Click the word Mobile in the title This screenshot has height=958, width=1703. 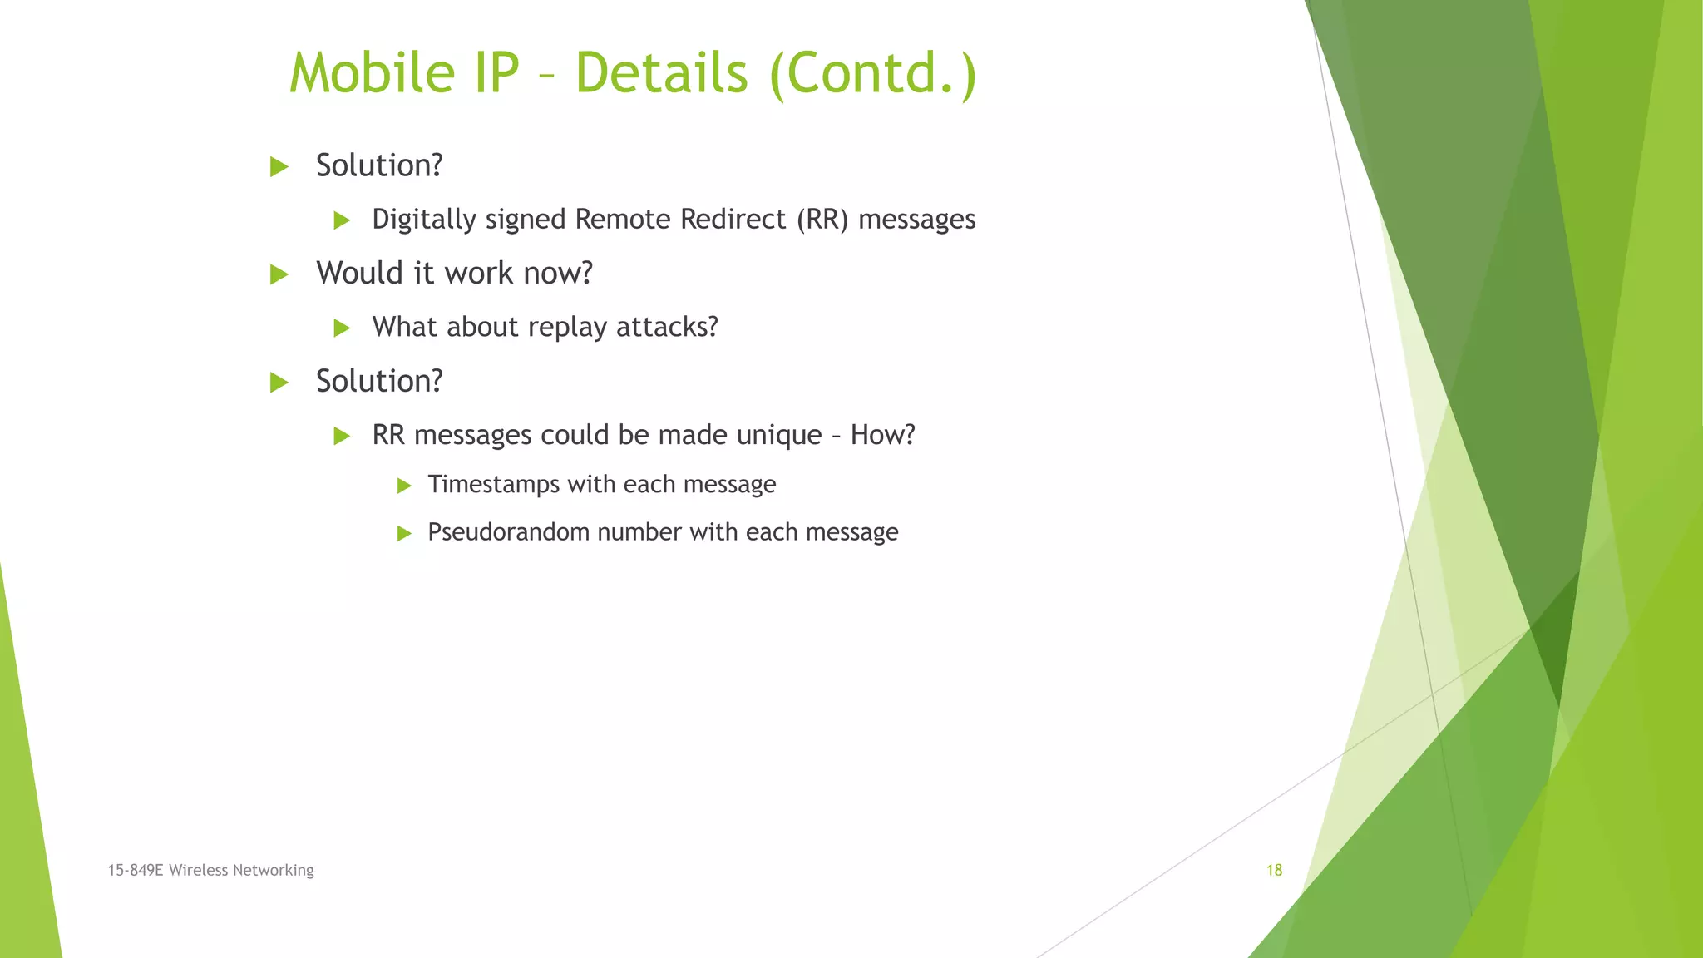372,73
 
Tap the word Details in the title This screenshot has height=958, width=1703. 662,73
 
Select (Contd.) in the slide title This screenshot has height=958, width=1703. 873,75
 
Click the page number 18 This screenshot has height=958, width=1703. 1274,870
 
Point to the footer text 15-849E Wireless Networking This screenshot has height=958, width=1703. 210,870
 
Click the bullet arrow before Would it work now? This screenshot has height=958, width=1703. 279,274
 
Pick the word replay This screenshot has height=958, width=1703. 567,328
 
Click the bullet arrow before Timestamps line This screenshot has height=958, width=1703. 404,486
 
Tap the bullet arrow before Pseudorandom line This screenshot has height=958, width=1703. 404,533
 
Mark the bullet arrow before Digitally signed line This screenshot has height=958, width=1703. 342,220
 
